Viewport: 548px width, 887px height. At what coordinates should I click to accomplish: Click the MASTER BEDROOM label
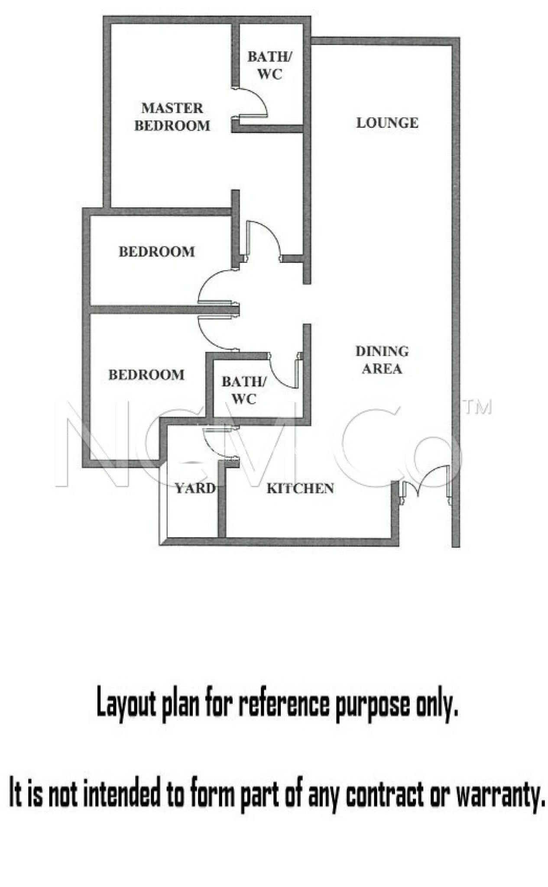pyautogui.click(x=172, y=117)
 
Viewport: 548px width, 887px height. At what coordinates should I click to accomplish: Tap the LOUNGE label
pyautogui.click(x=387, y=123)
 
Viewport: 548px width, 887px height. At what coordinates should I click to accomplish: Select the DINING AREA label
pyautogui.click(x=382, y=359)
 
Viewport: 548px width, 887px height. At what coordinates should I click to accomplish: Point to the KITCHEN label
pyautogui.click(x=300, y=489)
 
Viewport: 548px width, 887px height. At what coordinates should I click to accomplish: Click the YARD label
pyautogui.click(x=195, y=489)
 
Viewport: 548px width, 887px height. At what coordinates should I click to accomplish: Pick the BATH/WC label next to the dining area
pyautogui.click(x=244, y=390)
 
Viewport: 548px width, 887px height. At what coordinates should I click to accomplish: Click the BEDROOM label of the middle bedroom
pyautogui.click(x=156, y=252)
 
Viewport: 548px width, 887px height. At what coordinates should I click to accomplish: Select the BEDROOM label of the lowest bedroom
pyautogui.click(x=146, y=375)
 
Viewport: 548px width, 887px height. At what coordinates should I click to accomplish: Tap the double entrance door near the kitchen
pyautogui.click(x=427, y=483)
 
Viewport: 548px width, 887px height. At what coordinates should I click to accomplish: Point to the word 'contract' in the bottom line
pyautogui.click(x=384, y=794)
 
